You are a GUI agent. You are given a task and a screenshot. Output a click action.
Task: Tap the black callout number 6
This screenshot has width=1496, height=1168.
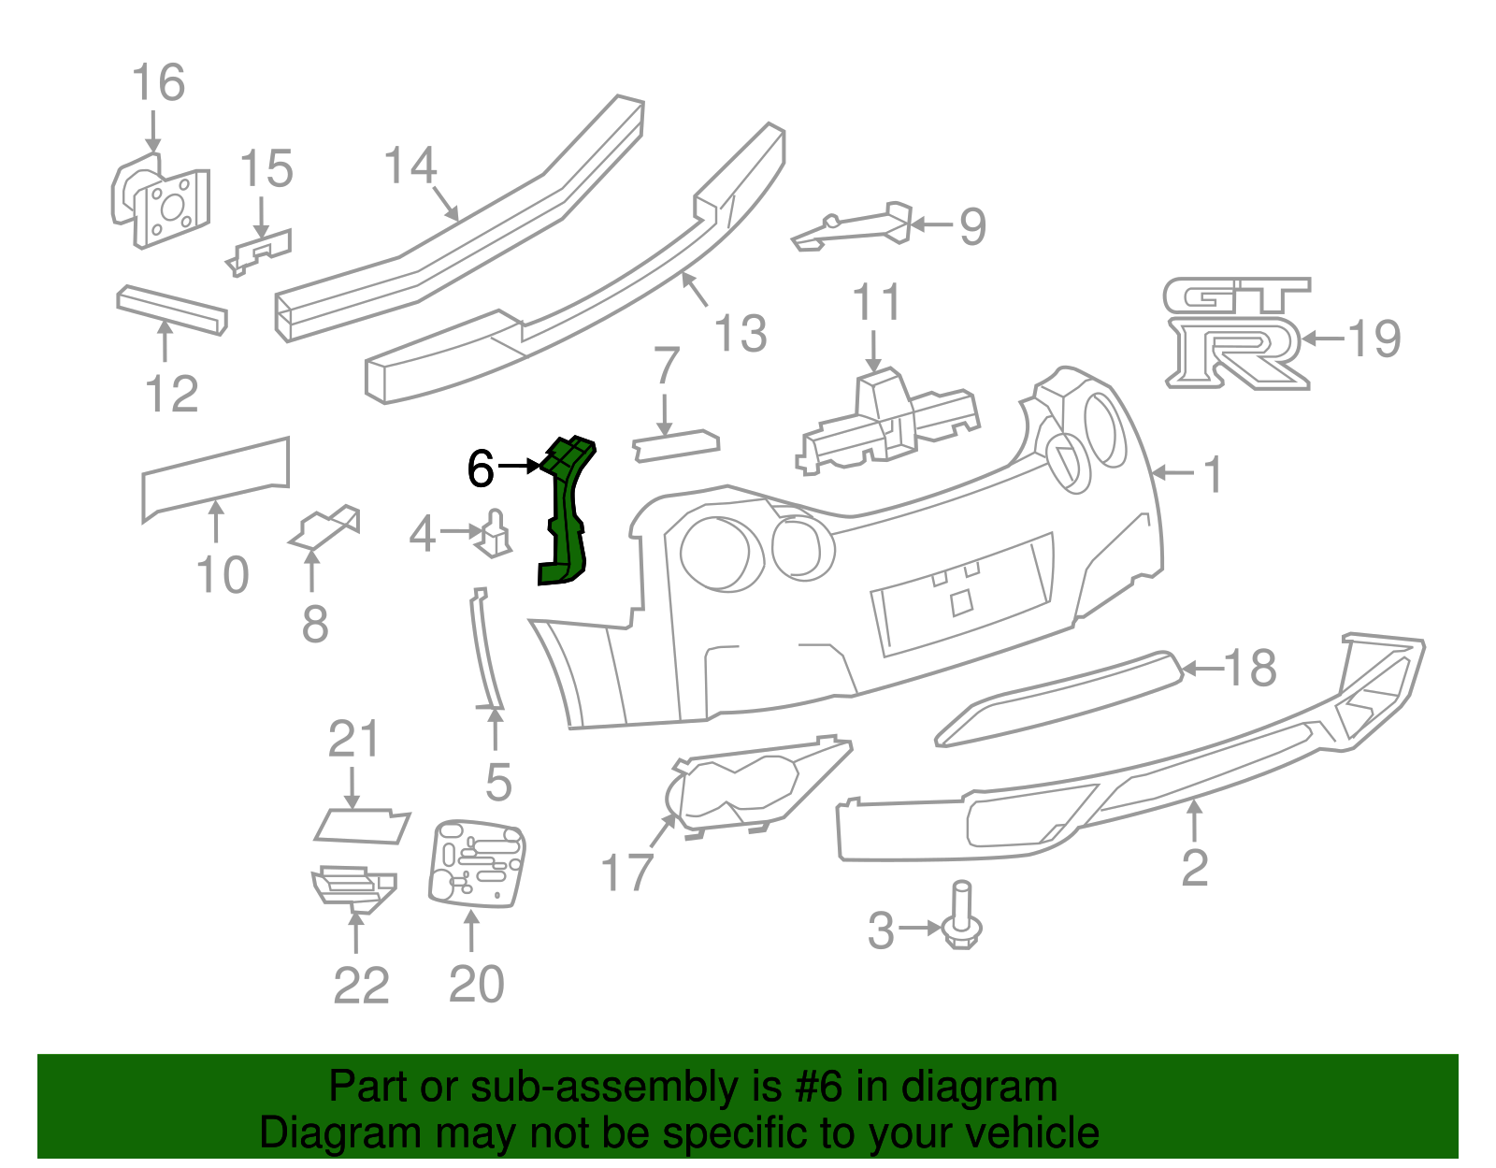pos(480,468)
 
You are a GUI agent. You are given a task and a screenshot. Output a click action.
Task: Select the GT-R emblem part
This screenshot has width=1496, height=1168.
pos(1236,332)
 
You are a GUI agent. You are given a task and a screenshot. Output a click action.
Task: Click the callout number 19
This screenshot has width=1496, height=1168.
pos(1374,339)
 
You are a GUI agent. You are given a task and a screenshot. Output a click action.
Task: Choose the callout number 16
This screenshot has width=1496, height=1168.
pos(158,82)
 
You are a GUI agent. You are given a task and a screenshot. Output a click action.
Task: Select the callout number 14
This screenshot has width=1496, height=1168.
pos(410,166)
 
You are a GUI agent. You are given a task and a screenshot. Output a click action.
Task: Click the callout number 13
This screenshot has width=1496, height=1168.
pos(741,334)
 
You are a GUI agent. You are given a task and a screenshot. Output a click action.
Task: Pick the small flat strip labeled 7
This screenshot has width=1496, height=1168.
pos(676,443)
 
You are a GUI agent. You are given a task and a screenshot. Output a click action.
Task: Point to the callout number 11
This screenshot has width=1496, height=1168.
pos(876,302)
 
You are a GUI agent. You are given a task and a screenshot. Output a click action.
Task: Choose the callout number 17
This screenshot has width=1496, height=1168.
pos(626,872)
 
